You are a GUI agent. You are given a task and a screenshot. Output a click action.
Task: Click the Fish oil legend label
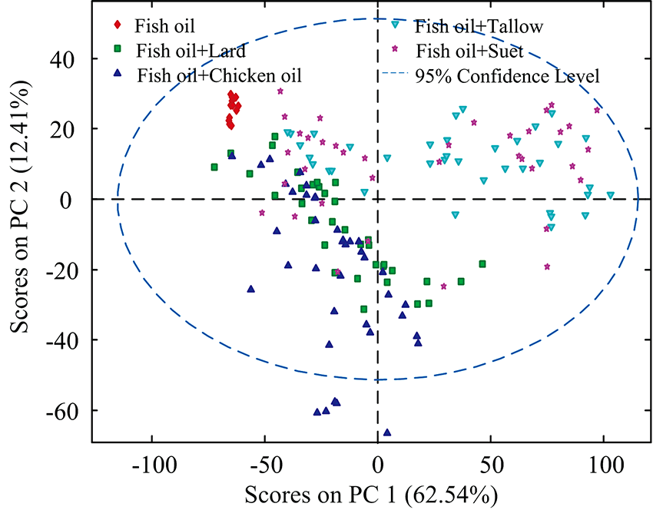164,25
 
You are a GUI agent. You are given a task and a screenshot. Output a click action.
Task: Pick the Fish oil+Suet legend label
469,51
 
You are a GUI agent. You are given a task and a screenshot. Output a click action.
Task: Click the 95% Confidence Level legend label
507,76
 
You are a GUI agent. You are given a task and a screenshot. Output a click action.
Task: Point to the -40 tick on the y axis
63,340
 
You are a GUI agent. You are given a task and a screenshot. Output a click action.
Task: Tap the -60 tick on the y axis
63,411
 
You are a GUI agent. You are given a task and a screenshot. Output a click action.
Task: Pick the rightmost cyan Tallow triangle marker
611,195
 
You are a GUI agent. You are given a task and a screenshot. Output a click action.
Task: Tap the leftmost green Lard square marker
214,167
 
